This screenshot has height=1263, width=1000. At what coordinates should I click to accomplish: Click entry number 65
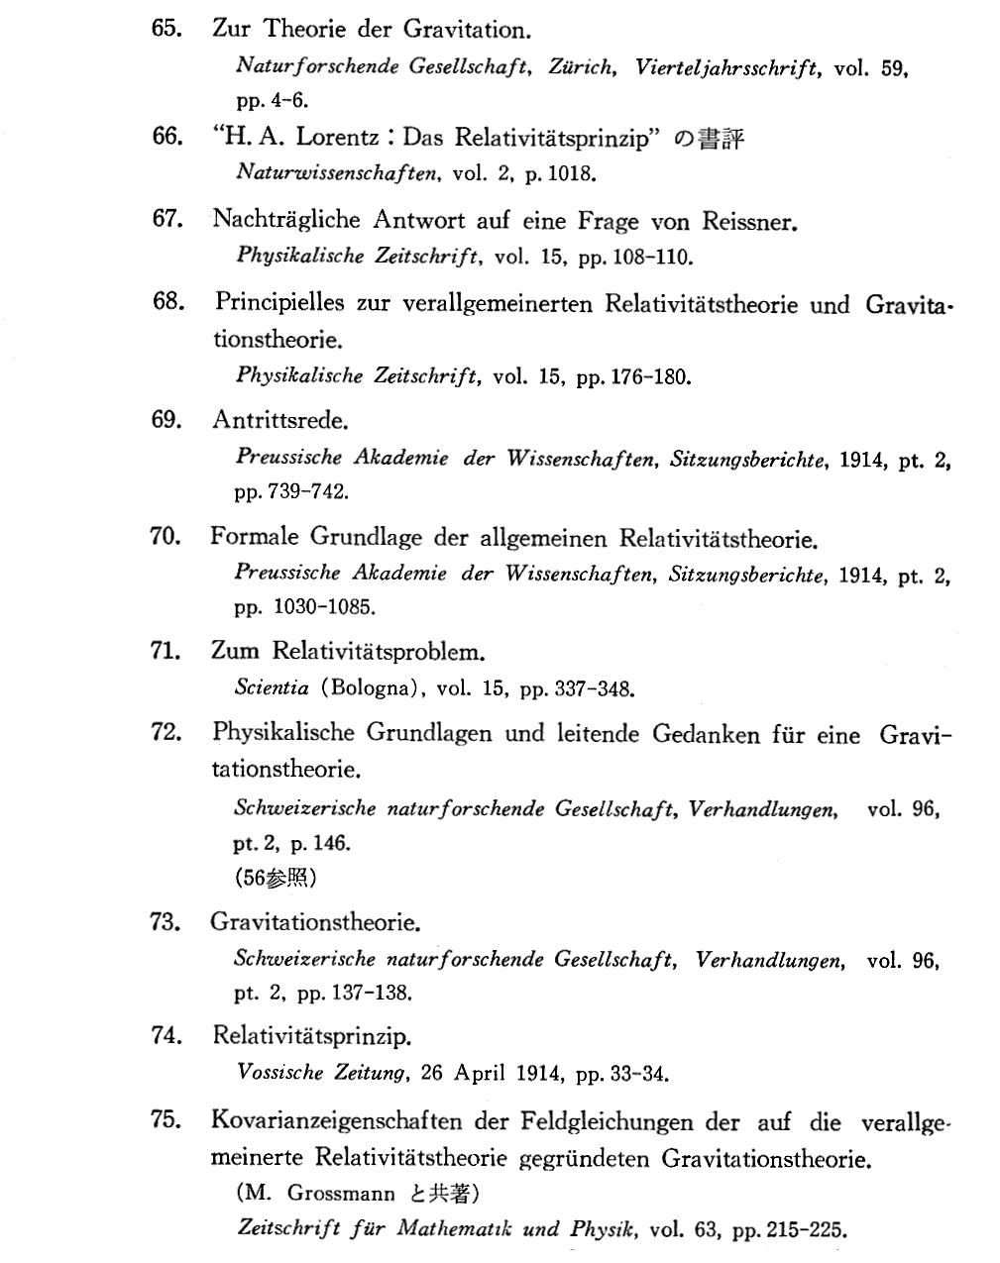[165, 29]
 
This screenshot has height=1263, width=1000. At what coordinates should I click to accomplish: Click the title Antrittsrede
[279, 419]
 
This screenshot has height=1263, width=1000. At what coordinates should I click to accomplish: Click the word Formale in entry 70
[255, 537]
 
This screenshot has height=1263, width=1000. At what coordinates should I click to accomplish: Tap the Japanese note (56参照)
[276, 878]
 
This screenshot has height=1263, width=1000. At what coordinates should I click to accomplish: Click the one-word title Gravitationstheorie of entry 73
[314, 922]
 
